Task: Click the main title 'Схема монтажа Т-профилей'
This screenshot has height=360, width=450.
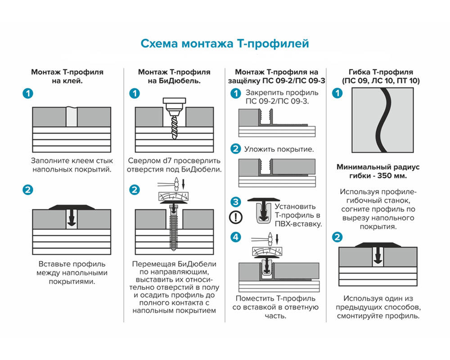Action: [x=225, y=44]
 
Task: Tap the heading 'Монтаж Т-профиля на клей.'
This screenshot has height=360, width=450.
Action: [x=67, y=76]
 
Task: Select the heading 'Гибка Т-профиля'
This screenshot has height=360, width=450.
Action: [x=380, y=72]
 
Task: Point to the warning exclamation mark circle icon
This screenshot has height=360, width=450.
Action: [x=235, y=217]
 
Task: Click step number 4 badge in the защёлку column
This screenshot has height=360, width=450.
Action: [x=235, y=237]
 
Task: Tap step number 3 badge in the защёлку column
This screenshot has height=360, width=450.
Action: [x=235, y=202]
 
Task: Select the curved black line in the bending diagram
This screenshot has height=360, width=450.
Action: [x=380, y=121]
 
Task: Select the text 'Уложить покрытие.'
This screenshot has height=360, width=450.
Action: [x=279, y=149]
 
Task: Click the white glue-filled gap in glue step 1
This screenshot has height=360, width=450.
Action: [x=72, y=117]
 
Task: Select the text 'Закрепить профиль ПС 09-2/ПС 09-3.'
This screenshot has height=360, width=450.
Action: [x=282, y=96]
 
